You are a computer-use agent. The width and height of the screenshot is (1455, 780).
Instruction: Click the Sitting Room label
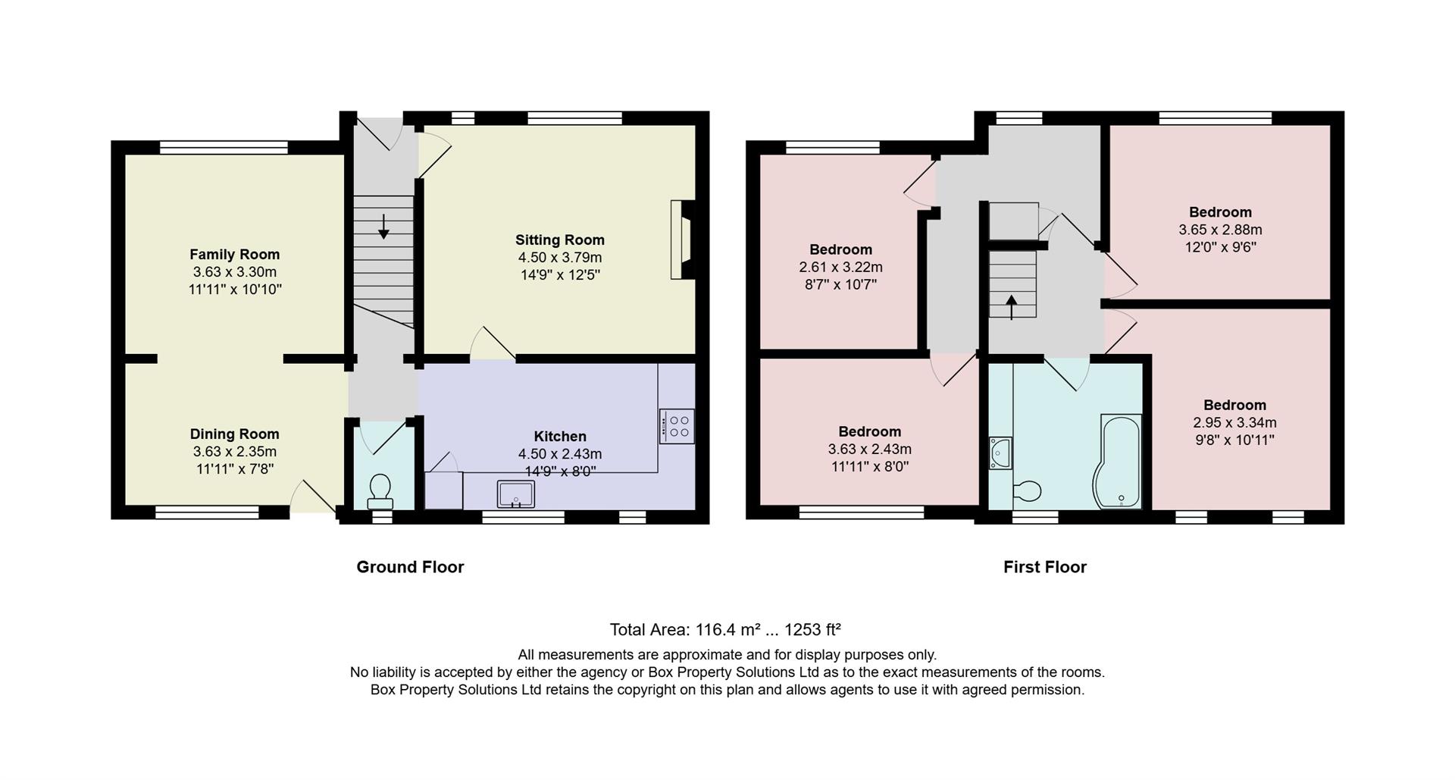click(x=559, y=240)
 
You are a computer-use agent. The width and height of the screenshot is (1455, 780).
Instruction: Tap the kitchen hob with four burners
click(x=677, y=426)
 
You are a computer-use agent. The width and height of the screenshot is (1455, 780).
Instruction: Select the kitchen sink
click(x=515, y=494)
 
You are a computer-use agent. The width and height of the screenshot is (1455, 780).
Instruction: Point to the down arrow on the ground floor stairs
click(x=383, y=226)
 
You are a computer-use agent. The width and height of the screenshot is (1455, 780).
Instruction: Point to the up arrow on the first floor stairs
click(x=1012, y=307)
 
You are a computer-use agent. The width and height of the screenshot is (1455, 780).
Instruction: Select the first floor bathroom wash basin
click(x=1000, y=453)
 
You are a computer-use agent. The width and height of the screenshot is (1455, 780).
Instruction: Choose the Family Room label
click(x=234, y=255)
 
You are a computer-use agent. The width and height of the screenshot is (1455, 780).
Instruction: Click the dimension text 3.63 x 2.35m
click(x=234, y=452)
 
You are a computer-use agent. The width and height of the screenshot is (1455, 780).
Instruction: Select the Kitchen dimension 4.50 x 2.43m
click(x=559, y=454)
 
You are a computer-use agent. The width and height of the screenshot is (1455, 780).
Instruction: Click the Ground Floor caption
click(x=410, y=567)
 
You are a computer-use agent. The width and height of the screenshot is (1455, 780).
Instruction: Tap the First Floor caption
click(x=1044, y=567)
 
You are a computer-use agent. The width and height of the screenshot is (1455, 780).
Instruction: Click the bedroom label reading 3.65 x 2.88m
click(x=1219, y=230)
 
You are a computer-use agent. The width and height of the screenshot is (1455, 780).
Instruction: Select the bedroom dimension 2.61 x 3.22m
click(x=840, y=268)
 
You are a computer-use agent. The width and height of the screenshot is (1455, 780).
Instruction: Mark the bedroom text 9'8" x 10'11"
click(x=1234, y=440)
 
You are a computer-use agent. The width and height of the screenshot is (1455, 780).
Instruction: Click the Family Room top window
click(x=224, y=148)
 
